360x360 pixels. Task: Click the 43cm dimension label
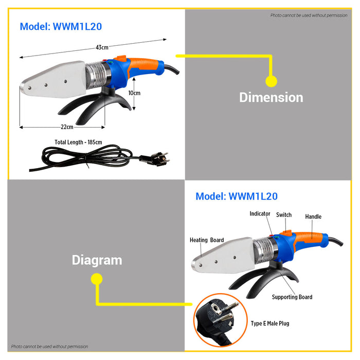coord(102,48)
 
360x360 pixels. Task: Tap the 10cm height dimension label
coord(134,93)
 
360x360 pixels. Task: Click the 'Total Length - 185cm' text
coord(78,142)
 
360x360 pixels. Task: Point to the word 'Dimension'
coord(271,97)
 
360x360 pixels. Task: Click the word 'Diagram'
coord(97,260)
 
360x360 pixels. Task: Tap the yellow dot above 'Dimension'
coord(271,81)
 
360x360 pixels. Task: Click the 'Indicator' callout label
coord(260,213)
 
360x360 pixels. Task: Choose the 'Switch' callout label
coord(284,214)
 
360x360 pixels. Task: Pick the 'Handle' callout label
coord(313,217)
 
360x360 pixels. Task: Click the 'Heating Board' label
coord(207,240)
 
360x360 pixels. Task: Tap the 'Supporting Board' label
coord(292,297)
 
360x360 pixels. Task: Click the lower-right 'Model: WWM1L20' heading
coord(237,196)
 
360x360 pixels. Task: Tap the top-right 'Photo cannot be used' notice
coord(309,15)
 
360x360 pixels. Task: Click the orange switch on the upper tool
coord(121,60)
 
